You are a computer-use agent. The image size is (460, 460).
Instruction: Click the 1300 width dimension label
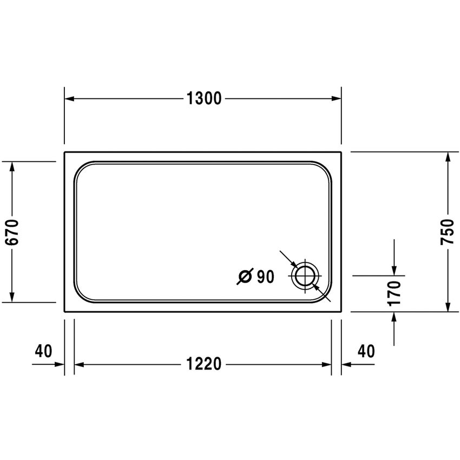(204, 98)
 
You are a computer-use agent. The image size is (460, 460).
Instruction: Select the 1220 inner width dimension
(204, 364)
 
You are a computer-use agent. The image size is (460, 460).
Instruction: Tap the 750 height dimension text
(448, 232)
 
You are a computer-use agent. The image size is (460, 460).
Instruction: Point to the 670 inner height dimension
(12, 232)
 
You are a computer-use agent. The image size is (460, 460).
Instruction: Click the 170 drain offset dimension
(395, 293)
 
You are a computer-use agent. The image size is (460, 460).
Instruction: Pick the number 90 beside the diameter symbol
(265, 277)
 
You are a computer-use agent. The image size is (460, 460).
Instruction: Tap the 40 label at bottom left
(43, 351)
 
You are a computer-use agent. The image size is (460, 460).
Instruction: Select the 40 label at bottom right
(366, 351)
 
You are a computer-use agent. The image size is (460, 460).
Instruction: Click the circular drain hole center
(305, 277)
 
